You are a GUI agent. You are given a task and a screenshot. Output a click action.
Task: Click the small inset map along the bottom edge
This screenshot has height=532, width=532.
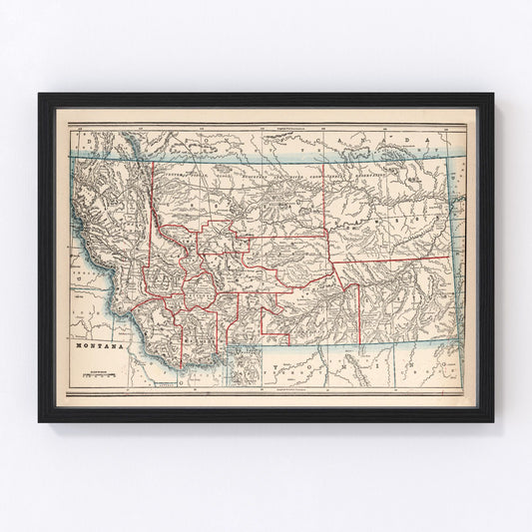pyautogui.click(x=244, y=363)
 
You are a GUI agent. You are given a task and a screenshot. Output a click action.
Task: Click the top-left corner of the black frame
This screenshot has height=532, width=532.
pyautogui.click(x=40, y=95)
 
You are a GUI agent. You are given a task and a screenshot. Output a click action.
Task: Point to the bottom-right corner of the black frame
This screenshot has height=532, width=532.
pyautogui.click(x=492, y=420)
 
